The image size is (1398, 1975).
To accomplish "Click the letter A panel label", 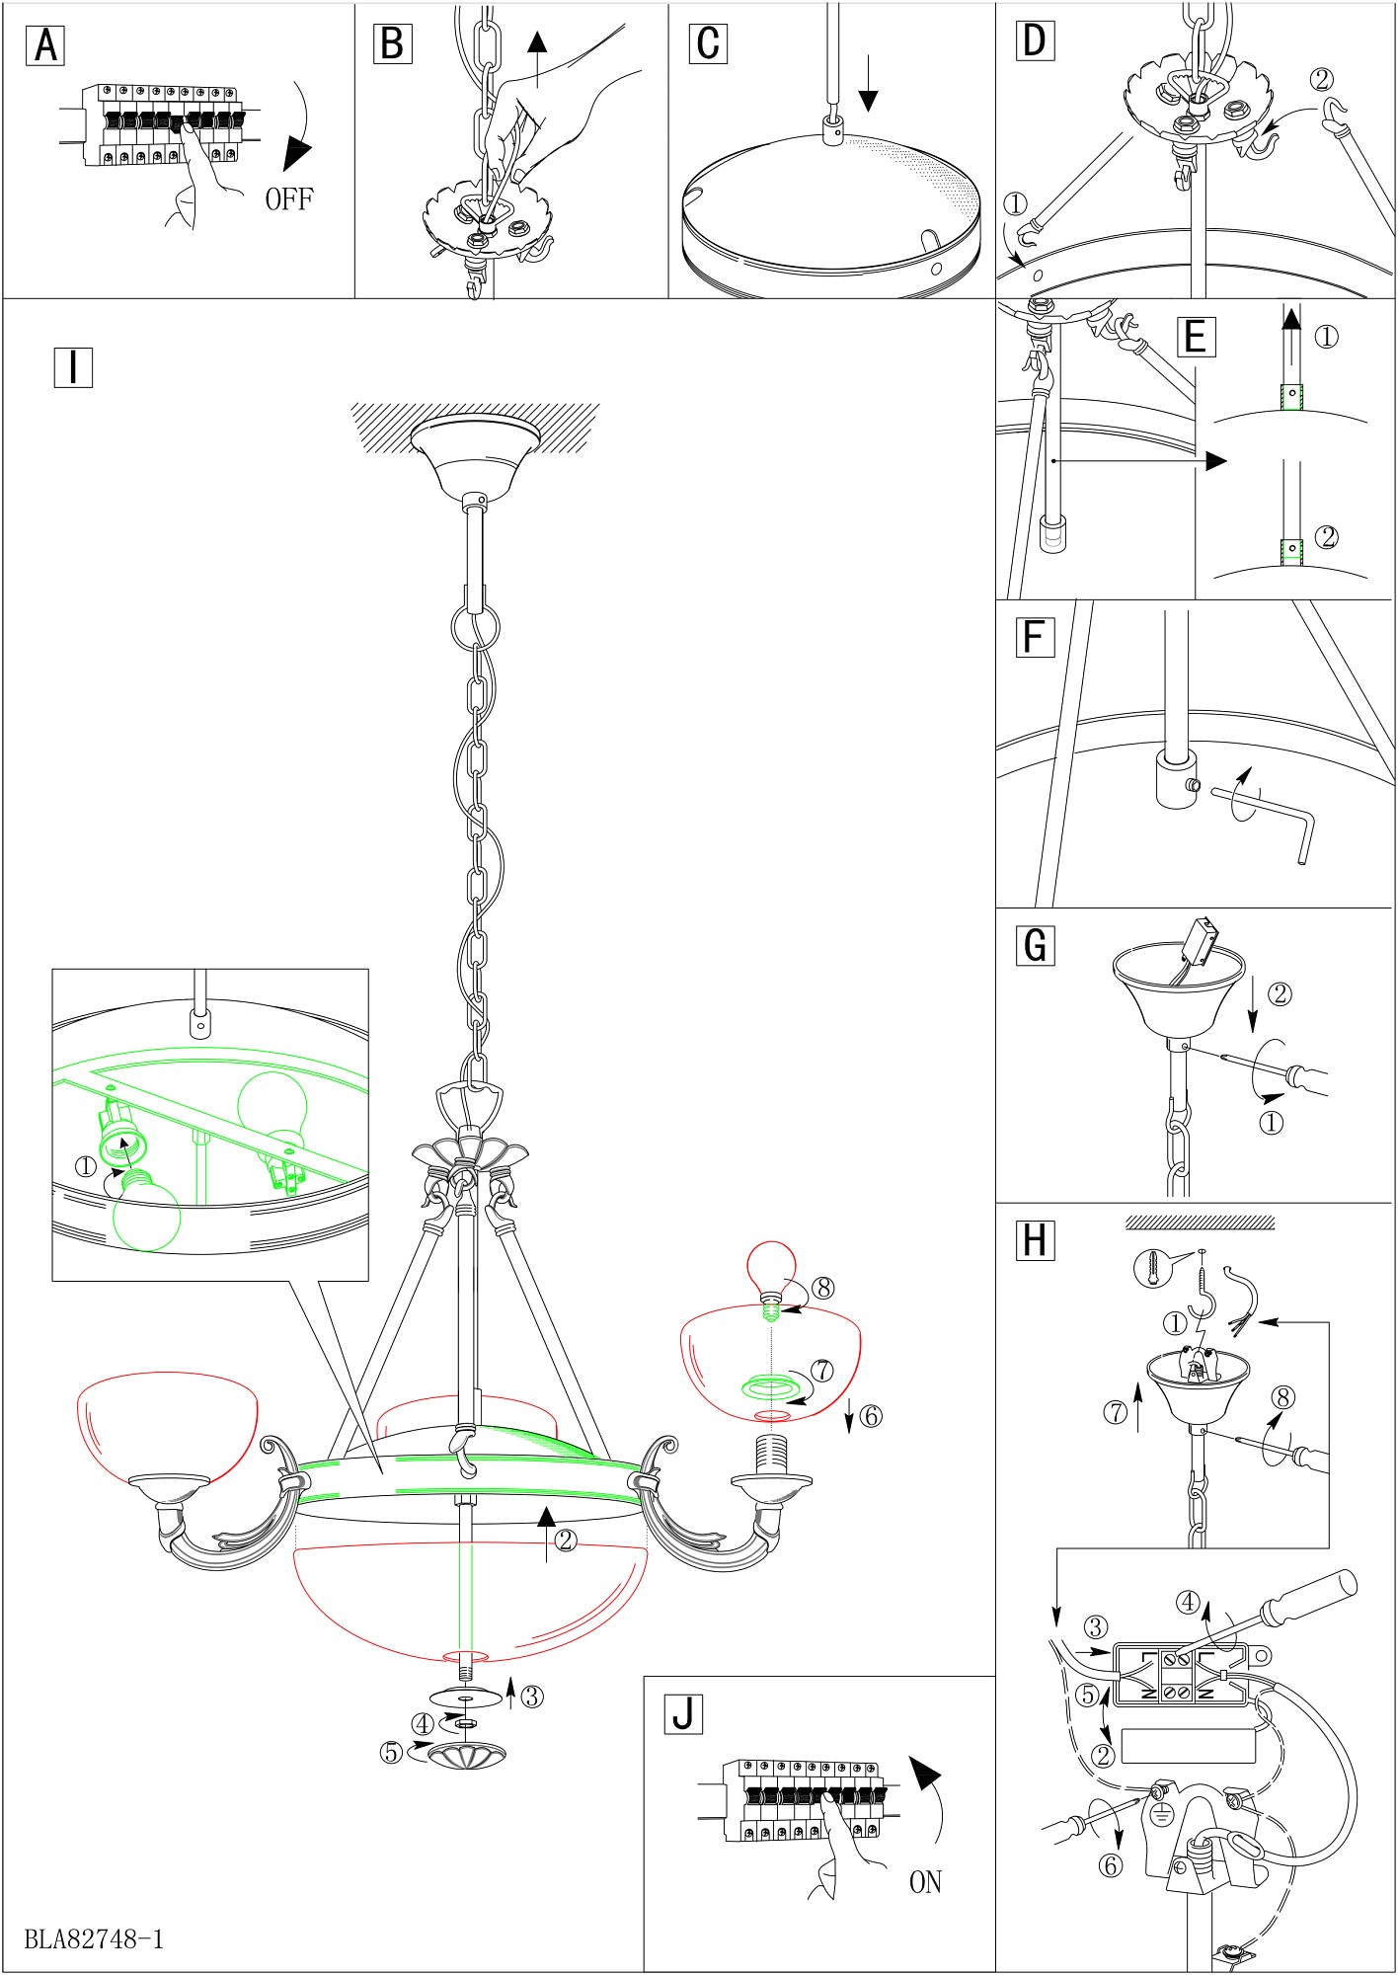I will pyautogui.click(x=45, y=46).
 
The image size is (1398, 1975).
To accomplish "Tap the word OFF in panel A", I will pyautogui.click(x=288, y=199).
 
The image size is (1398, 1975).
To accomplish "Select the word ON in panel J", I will pyautogui.click(x=925, y=1882).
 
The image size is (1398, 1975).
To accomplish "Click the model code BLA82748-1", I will pyautogui.click(x=94, y=1938).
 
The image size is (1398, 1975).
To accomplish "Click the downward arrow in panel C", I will pyautogui.click(x=868, y=85).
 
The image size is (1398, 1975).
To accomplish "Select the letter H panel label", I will pyautogui.click(x=1035, y=1240).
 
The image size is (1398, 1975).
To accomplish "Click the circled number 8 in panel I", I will pyautogui.click(x=822, y=1288).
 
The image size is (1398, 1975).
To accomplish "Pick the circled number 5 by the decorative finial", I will pyautogui.click(x=391, y=1752).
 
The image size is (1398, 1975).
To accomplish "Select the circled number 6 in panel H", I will pyautogui.click(x=1111, y=1865).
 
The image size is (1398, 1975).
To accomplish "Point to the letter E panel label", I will pyautogui.click(x=1196, y=337).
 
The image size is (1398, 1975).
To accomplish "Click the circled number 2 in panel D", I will pyautogui.click(x=1322, y=80).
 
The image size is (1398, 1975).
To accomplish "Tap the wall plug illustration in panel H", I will pyautogui.click(x=1151, y=1267).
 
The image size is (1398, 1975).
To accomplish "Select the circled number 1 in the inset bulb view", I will pyautogui.click(x=86, y=1166).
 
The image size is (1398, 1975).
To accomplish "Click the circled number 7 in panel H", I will pyautogui.click(x=1115, y=1412).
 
